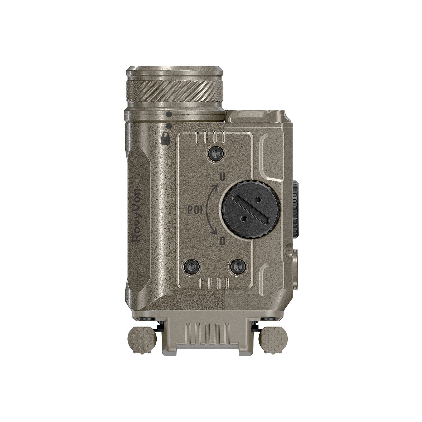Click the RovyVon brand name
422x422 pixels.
137,215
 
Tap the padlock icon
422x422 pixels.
166,138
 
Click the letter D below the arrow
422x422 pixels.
223,241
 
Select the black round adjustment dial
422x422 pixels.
251,209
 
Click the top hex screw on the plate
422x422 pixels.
216,153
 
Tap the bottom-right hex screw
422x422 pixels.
238,267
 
